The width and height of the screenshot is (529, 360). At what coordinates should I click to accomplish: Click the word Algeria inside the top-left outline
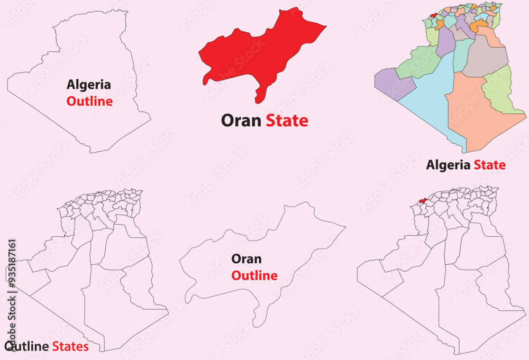(89, 84)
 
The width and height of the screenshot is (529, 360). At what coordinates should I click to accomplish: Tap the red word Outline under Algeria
(89, 101)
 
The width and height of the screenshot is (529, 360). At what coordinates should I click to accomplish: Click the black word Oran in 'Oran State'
(241, 121)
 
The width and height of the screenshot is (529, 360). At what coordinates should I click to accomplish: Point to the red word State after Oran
(287, 121)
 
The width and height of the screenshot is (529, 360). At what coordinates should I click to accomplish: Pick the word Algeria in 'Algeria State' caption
(448, 165)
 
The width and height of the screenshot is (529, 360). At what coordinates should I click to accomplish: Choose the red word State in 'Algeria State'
(489, 165)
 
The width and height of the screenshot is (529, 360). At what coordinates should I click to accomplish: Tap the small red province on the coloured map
(434, 15)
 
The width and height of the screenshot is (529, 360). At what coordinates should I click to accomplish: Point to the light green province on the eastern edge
(500, 90)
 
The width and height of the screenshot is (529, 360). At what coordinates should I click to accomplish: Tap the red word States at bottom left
(70, 347)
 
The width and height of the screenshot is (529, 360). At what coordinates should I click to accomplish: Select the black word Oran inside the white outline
(247, 259)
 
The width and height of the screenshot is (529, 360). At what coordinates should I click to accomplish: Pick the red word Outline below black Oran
(254, 275)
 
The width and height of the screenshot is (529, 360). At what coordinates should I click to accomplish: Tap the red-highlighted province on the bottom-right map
(423, 200)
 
